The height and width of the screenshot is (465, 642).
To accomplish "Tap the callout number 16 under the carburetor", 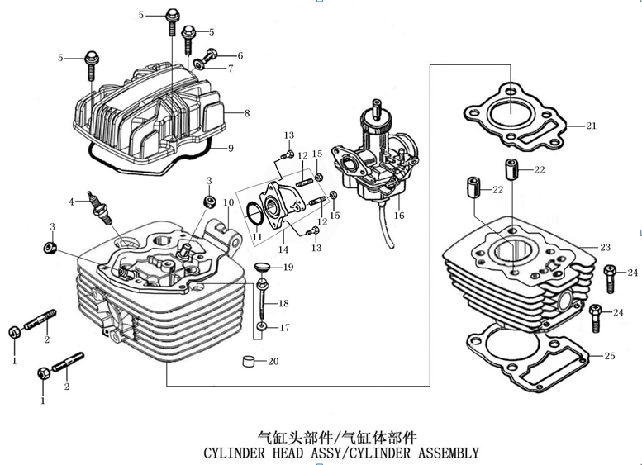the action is (399, 216).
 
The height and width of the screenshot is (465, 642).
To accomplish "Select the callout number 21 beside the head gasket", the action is (592, 126).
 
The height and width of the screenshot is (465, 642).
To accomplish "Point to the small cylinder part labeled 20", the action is (249, 362).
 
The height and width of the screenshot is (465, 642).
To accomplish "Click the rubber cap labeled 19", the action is (263, 267).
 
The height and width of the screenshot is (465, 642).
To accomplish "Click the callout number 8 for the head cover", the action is (247, 113).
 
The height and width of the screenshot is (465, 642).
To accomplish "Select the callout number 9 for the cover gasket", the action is (231, 148).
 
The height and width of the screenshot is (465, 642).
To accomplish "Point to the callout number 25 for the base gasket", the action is (610, 356).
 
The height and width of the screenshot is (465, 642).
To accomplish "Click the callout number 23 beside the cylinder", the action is (605, 247).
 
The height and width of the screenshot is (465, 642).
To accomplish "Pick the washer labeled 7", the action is (199, 64).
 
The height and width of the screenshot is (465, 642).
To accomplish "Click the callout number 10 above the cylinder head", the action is (229, 202).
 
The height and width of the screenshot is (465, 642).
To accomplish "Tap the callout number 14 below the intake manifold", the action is (283, 249).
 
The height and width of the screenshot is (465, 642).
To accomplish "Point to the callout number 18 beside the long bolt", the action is (283, 303).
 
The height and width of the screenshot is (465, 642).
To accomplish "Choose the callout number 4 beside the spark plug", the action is (71, 202).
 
